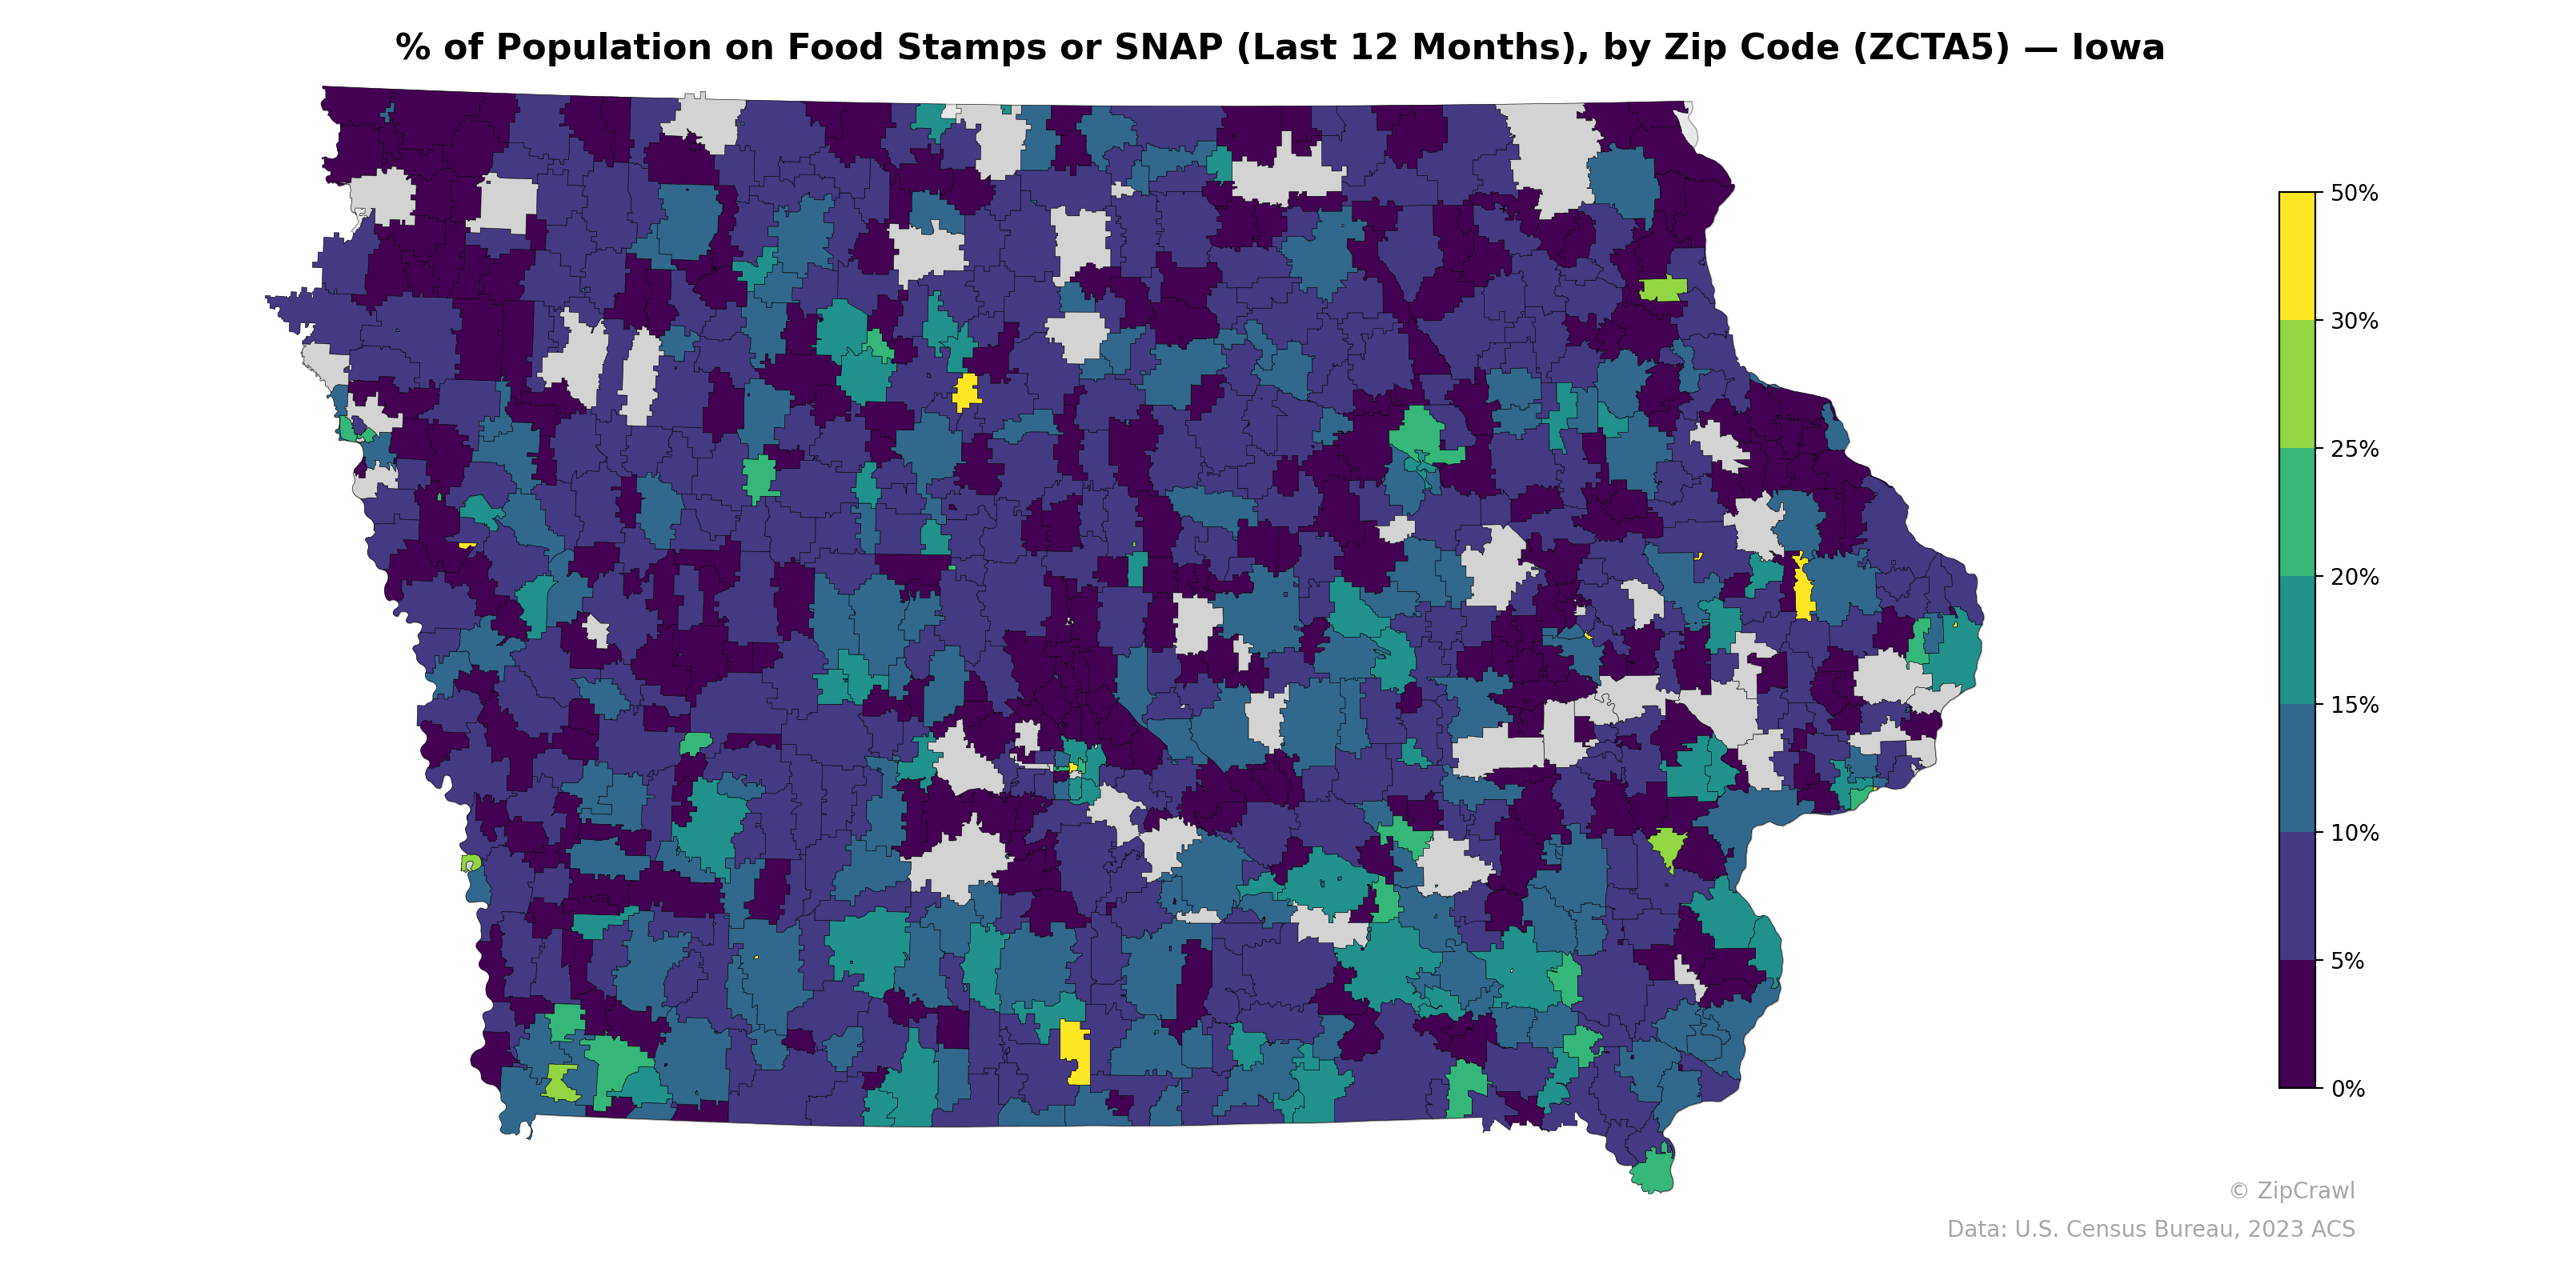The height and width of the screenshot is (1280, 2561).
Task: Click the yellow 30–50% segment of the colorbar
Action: coord(2297,256)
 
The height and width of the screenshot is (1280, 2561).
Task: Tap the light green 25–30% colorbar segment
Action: coord(2297,385)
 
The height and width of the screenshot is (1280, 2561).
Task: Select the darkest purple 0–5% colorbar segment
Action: coord(2297,1025)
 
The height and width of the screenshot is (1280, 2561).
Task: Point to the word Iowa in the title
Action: coord(2118,48)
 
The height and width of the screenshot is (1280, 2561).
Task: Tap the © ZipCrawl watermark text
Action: coord(2291,1190)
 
